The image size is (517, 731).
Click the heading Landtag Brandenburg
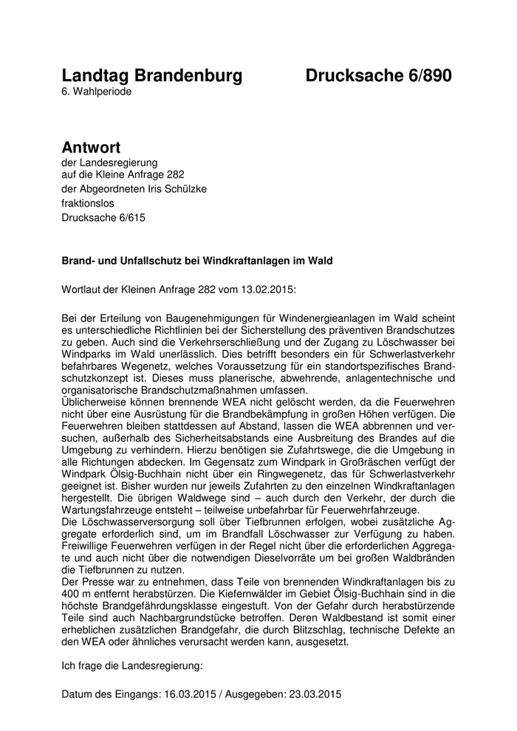pyautogui.click(x=151, y=76)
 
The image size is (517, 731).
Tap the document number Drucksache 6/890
pyautogui.click(x=378, y=76)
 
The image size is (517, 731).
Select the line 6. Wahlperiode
pyautogui.click(x=97, y=92)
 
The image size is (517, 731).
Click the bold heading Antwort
pyautogui.click(x=91, y=148)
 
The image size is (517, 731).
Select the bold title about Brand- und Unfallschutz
pyautogui.click(x=197, y=260)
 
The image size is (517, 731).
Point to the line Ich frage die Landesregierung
pyautogui.click(x=131, y=667)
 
